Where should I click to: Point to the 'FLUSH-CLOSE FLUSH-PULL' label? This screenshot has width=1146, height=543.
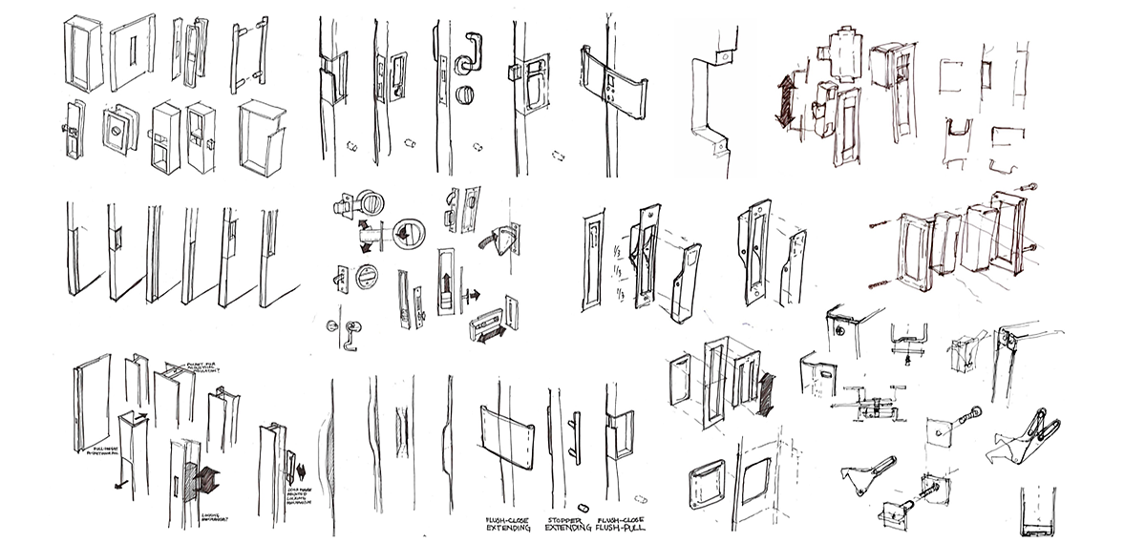613,523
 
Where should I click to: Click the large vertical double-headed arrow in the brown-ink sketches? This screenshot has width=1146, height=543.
786,101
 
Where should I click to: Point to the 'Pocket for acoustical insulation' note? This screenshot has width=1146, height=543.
195,368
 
